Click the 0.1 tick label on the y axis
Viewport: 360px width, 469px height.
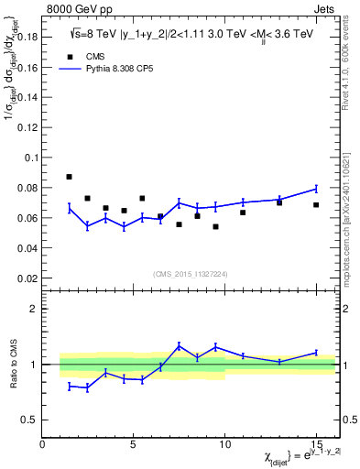[29, 158]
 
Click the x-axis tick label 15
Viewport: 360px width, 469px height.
[316, 444]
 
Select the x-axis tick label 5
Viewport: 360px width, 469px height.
[134, 444]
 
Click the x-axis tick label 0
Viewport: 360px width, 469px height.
[42, 444]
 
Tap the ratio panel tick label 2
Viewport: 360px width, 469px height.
[32, 310]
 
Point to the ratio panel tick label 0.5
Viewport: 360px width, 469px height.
[29, 420]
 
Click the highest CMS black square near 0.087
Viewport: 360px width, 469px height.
[70, 177]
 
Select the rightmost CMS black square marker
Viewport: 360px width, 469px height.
[316, 204]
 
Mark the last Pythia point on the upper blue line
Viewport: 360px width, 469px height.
[316, 189]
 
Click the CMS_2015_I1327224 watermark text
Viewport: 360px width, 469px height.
[188, 274]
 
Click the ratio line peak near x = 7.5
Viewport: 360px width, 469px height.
[179, 345]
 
